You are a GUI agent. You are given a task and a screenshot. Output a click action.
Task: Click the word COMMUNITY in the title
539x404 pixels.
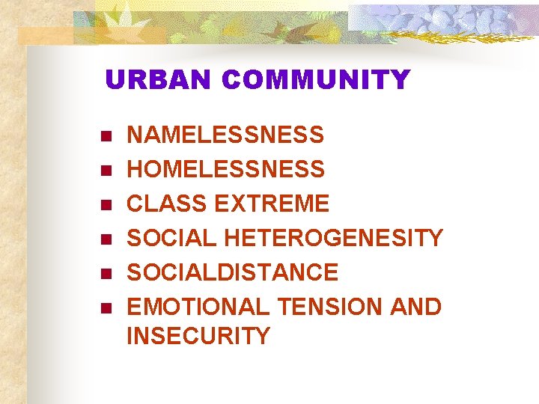pyautogui.click(x=316, y=80)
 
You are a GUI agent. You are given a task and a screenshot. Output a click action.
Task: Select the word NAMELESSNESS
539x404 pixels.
pyautogui.click(x=225, y=135)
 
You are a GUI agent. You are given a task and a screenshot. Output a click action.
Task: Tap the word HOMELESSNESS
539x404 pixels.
pyautogui.click(x=225, y=170)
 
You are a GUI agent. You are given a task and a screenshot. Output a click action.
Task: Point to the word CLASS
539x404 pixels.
pyautogui.click(x=167, y=203)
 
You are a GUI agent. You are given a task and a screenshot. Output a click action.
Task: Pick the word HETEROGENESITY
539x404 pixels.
pyautogui.click(x=333, y=239)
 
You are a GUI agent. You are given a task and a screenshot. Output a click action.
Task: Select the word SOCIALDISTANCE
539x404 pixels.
pyautogui.click(x=232, y=272)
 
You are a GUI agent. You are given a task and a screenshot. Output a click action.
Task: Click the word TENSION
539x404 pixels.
pyautogui.click(x=332, y=307)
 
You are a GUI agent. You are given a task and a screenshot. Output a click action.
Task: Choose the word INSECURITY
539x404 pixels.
pyautogui.click(x=198, y=337)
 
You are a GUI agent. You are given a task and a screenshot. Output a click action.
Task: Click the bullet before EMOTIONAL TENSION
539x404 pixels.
pyautogui.click(x=105, y=307)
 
